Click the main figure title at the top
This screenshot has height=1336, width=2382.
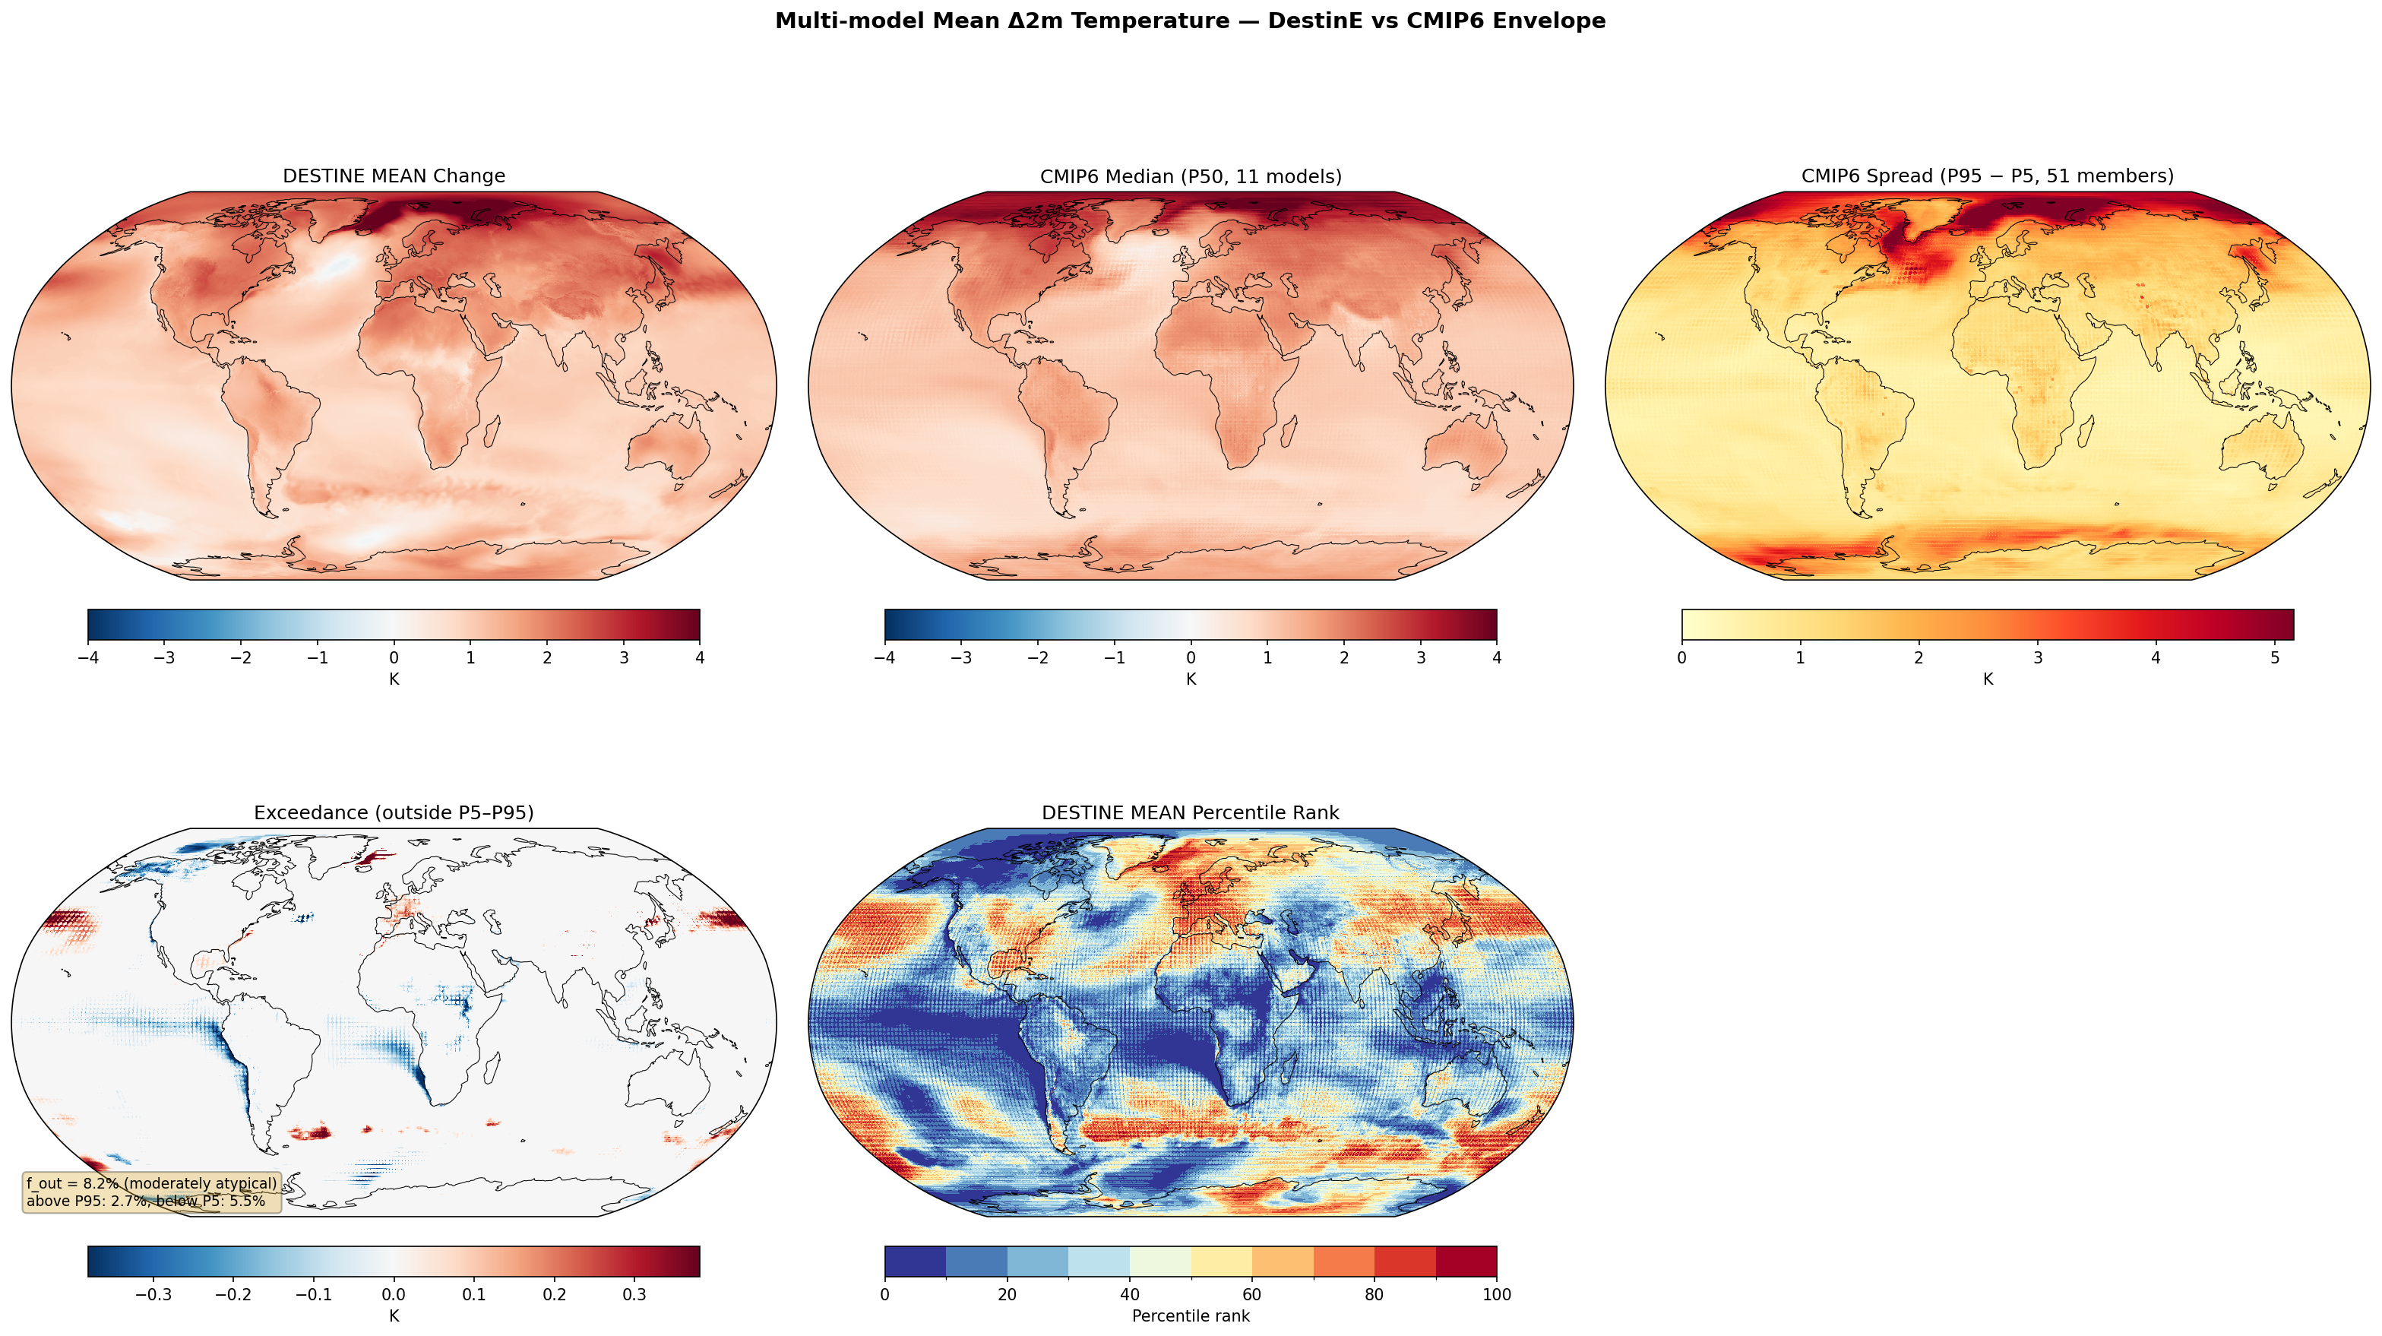[x=1190, y=21]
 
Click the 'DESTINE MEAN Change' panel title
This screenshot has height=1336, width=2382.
[x=394, y=176]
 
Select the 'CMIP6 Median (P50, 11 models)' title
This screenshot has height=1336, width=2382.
[x=1190, y=176]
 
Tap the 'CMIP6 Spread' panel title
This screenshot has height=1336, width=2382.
[x=1987, y=176]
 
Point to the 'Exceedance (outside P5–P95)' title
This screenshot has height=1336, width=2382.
[x=394, y=812]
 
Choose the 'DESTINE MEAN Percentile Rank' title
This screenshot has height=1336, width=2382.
[x=1190, y=812]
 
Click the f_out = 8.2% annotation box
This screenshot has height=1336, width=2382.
[x=150, y=1192]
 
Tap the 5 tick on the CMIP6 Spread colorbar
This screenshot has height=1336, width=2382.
[x=2274, y=658]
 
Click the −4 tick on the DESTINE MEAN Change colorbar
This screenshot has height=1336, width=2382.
[x=88, y=658]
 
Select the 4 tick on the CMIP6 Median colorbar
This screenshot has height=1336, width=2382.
[x=1496, y=658]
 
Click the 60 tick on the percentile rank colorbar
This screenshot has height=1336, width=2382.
[x=1252, y=1294]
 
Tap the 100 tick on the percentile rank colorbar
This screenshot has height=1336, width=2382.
[x=1496, y=1294]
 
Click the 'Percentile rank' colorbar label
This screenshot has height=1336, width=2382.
[x=1190, y=1315]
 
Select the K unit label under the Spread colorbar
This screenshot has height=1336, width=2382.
[x=1987, y=679]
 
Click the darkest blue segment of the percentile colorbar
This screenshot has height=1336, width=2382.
[x=916, y=1261]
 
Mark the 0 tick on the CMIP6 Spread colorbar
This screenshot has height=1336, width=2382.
[x=1682, y=658]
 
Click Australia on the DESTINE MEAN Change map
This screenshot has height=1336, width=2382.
[x=669, y=450]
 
